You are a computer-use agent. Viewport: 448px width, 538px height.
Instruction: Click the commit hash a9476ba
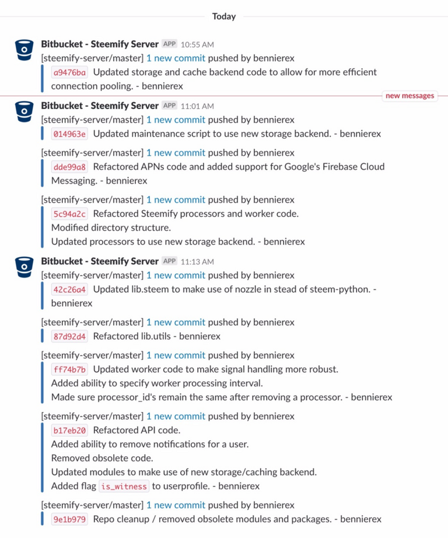pyautogui.click(x=69, y=72)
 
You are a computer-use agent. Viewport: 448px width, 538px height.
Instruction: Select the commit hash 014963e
pyautogui.click(x=69, y=134)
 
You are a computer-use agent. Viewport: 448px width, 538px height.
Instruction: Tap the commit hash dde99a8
pyautogui.click(x=69, y=167)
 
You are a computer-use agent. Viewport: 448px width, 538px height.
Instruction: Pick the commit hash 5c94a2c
pyautogui.click(x=69, y=214)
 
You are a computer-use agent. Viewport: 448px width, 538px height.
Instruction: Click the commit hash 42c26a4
pyautogui.click(x=69, y=289)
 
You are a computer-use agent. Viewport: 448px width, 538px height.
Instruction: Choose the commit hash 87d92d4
pyautogui.click(x=69, y=336)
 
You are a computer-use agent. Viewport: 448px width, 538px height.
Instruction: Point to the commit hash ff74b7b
pyautogui.click(x=69, y=369)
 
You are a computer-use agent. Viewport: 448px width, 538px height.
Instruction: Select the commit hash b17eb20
pyautogui.click(x=69, y=431)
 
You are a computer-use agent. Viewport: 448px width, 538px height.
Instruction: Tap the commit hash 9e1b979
pyautogui.click(x=69, y=519)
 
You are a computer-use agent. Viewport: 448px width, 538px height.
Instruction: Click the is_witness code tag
pyautogui.click(x=123, y=486)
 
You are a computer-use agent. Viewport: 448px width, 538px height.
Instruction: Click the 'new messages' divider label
pyautogui.click(x=410, y=96)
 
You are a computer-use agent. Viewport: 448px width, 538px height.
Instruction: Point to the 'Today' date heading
pyautogui.click(x=224, y=16)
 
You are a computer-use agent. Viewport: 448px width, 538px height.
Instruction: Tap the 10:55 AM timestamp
pyautogui.click(x=197, y=44)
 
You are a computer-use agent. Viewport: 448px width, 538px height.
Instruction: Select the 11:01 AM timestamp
pyautogui.click(x=197, y=106)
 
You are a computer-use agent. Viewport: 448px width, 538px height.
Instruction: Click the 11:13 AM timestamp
pyautogui.click(x=197, y=261)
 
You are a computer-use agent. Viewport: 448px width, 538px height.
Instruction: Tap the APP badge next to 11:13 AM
pyautogui.click(x=169, y=261)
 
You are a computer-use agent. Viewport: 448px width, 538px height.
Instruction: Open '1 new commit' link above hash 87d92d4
pyautogui.click(x=176, y=322)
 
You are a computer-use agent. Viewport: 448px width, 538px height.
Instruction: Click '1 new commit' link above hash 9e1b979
pyautogui.click(x=176, y=505)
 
